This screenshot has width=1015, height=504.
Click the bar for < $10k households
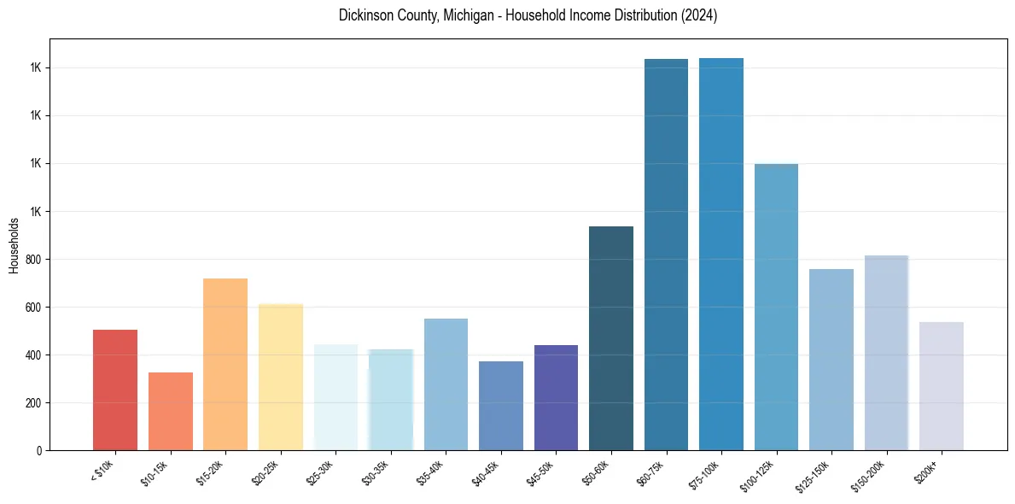coord(115,390)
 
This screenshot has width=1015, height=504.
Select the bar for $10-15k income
coord(170,411)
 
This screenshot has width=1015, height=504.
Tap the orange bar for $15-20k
coord(225,364)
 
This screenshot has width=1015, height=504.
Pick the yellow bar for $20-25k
coord(280,377)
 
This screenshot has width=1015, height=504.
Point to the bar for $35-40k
coord(446,384)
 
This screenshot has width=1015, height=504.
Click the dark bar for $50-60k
coord(611,338)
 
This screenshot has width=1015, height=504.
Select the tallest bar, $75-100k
coord(721,254)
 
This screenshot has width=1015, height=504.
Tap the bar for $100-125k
coord(776,307)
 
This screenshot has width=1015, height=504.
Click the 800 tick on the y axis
coord(32,260)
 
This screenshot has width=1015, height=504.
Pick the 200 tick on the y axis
coord(32,403)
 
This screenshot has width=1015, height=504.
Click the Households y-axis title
coord(14,245)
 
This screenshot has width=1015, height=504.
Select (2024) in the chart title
coord(698,16)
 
